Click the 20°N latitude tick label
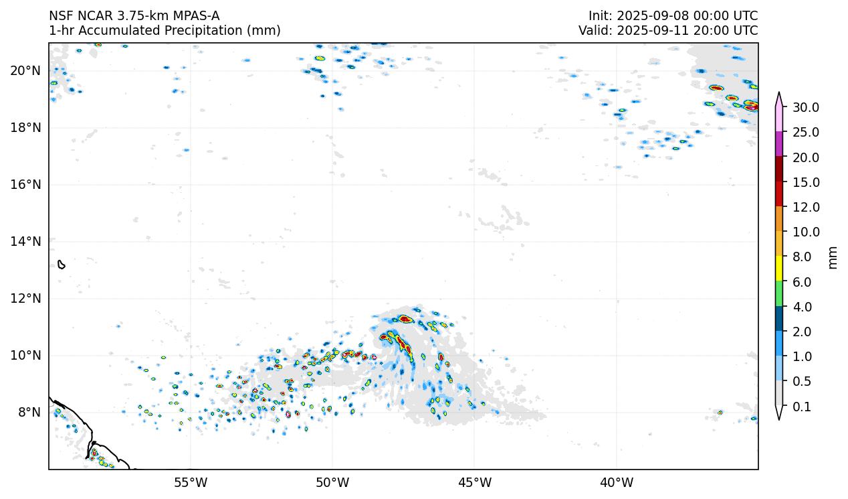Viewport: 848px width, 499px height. [25, 70]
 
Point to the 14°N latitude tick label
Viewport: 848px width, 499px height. [25, 241]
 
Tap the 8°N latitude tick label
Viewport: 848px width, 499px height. [28, 412]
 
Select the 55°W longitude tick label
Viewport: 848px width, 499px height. [191, 482]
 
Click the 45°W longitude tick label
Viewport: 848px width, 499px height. [474, 482]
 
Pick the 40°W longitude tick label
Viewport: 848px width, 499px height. [616, 482]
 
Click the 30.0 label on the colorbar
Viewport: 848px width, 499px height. [805, 107]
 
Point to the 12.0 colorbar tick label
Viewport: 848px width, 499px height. [805, 207]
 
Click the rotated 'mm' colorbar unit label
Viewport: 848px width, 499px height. [833, 257]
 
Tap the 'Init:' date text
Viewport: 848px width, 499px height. [673, 15]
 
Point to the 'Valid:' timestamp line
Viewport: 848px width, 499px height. [668, 30]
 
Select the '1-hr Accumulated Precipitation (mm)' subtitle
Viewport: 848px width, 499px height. [165, 30]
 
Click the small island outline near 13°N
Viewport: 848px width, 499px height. [62, 265]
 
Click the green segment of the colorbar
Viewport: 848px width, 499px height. [779, 294]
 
